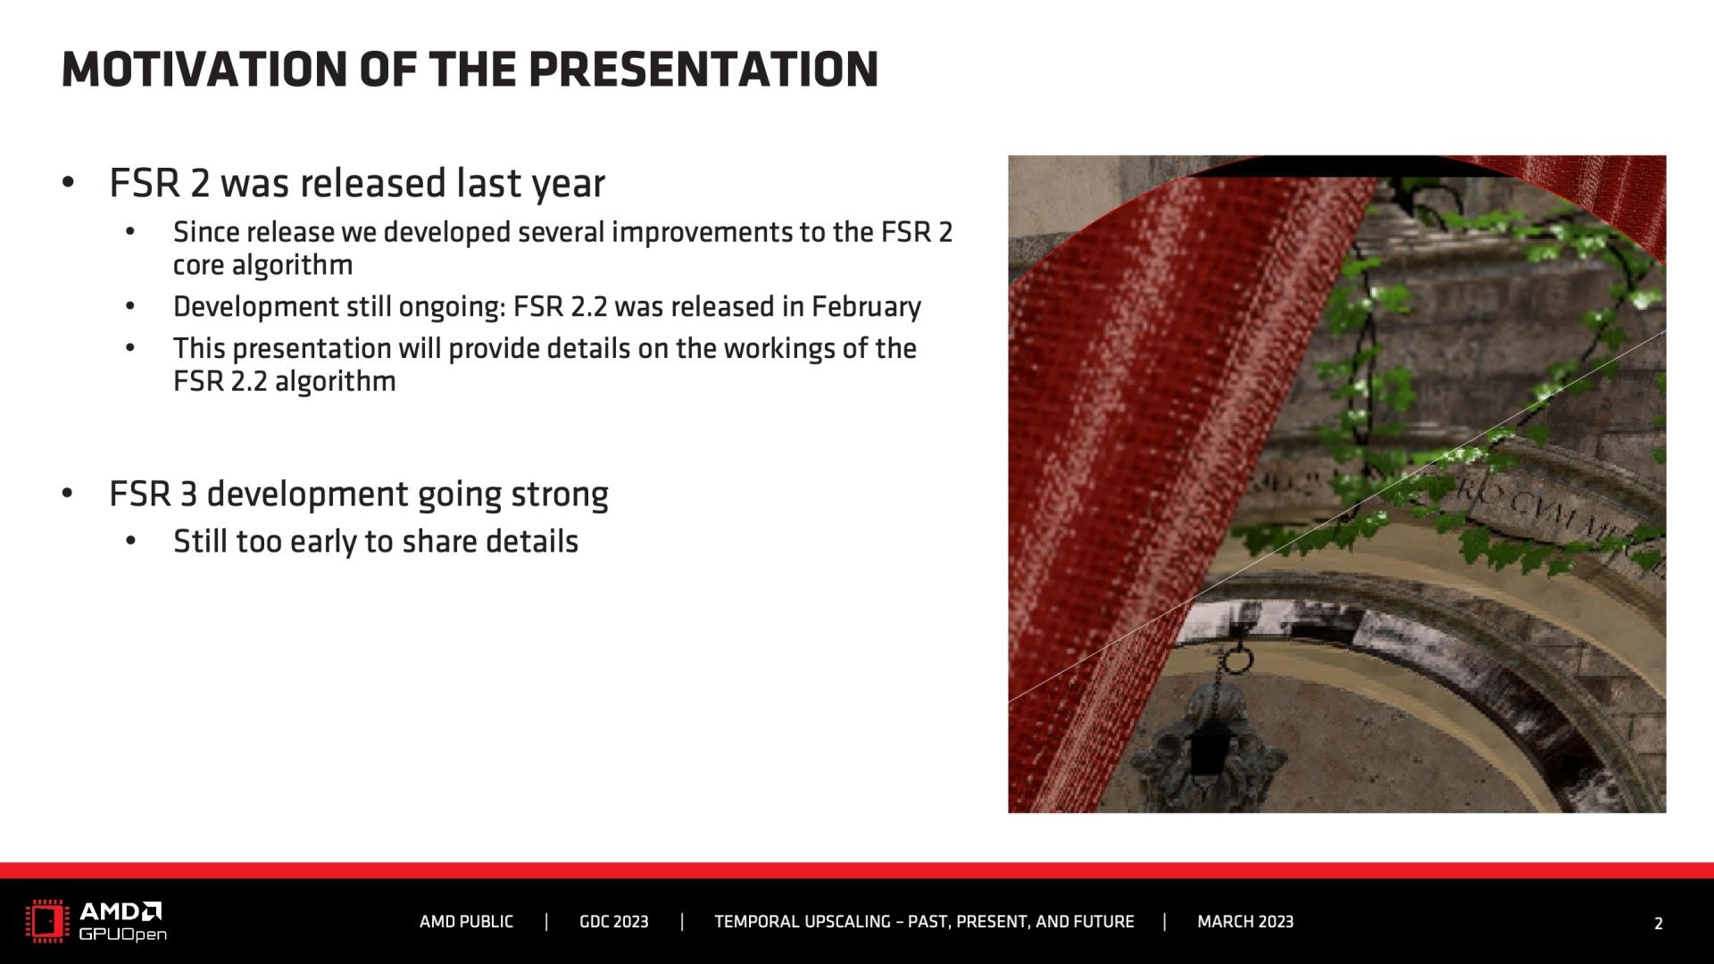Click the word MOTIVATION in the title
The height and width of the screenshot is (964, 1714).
204,70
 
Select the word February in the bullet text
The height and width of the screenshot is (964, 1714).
866,307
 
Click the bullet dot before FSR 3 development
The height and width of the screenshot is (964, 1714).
68,493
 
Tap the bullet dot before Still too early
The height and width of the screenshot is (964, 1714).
131,541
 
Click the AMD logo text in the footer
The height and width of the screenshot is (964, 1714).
121,911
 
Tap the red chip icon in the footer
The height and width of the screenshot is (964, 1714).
47,922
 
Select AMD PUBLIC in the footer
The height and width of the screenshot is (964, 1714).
466,922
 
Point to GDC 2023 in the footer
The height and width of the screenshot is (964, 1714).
614,922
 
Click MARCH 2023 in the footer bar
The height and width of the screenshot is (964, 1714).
1245,922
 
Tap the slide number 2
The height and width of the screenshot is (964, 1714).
1659,924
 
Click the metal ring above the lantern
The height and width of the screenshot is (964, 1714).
1237,660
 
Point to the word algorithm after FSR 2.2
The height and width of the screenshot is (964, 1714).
335,382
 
